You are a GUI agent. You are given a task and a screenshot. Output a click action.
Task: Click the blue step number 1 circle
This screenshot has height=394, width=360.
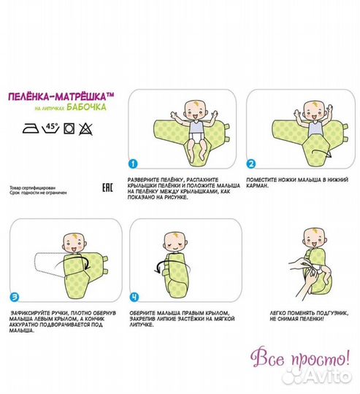pyautogui.click(x=133, y=164)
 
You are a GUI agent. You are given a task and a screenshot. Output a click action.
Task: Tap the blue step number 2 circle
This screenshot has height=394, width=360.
pyautogui.click(x=250, y=164)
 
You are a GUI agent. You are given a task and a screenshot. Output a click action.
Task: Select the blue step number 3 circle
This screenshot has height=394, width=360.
pyautogui.click(x=15, y=297)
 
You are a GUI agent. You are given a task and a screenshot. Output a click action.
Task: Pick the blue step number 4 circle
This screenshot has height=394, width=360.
pyautogui.click(x=134, y=297)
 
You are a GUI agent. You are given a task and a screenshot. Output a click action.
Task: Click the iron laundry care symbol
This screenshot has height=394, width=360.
pyautogui.click(x=31, y=128)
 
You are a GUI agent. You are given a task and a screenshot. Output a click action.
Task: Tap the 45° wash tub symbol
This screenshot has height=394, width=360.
pyautogui.click(x=51, y=128)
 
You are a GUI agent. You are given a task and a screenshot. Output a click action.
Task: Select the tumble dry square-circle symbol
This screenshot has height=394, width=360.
pyautogui.click(x=69, y=128)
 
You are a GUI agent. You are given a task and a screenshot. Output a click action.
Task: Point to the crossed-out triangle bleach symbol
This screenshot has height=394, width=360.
pyautogui.click(x=85, y=129)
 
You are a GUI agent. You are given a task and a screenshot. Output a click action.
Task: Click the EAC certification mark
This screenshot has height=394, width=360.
pyautogui.click(x=107, y=188)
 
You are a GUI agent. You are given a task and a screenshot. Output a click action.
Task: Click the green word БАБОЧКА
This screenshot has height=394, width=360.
pyautogui.click(x=86, y=107)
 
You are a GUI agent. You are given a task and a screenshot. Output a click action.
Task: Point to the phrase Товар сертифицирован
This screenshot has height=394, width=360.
pyautogui.click(x=32, y=188)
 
